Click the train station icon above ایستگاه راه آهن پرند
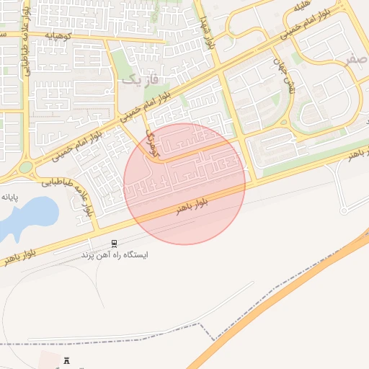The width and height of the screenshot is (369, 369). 114,244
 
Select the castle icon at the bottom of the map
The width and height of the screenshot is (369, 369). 67,360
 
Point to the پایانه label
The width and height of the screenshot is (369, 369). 9,196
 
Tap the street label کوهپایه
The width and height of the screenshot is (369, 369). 60,35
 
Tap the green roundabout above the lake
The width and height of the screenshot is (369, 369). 26,167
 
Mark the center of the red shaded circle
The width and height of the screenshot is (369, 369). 184,183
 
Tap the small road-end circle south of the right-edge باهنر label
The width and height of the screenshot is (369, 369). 344,210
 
